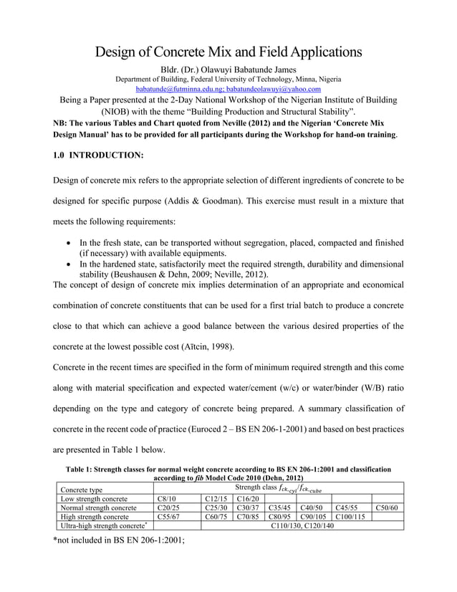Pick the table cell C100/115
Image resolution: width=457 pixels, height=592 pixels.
pyautogui.click(x=349, y=517)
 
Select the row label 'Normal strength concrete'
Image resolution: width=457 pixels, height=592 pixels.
pyautogui.click(x=95, y=507)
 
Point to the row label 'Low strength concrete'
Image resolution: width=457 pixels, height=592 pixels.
pyautogui.click(x=90, y=499)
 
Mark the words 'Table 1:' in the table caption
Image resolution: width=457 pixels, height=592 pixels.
pyautogui.click(x=82, y=469)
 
